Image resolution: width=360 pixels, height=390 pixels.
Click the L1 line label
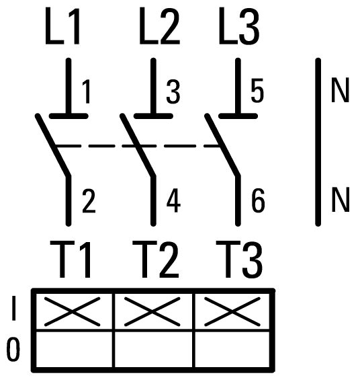[x=62, y=26]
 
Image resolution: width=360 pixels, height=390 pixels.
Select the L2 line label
[x=159, y=26]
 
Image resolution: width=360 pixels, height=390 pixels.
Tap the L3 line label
[x=239, y=26]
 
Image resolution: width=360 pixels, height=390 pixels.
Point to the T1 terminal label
[x=71, y=259]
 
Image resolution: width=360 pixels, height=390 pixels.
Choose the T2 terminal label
[x=155, y=259]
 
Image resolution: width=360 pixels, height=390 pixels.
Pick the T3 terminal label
[x=239, y=259]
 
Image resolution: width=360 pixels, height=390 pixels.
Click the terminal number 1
[x=86, y=91]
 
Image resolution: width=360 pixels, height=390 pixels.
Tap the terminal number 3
[x=173, y=91]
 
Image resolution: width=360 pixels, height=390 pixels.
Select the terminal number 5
[x=257, y=91]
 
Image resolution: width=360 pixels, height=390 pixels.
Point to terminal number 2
[x=89, y=201]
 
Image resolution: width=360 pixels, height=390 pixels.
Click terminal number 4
[x=173, y=201]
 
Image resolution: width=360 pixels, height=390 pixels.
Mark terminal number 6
[x=258, y=200]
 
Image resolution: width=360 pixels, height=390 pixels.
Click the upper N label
[x=340, y=90]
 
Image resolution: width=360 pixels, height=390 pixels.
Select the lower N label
[x=341, y=200]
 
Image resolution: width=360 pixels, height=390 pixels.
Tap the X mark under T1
[x=73, y=311]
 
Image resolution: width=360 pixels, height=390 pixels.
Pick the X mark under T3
[x=232, y=311]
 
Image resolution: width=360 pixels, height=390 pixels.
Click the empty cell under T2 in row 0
[x=153, y=349]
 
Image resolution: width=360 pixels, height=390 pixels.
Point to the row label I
[x=13, y=308]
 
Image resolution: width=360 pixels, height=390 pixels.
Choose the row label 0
[x=13, y=349]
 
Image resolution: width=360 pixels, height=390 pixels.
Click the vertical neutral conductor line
[x=318, y=143]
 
